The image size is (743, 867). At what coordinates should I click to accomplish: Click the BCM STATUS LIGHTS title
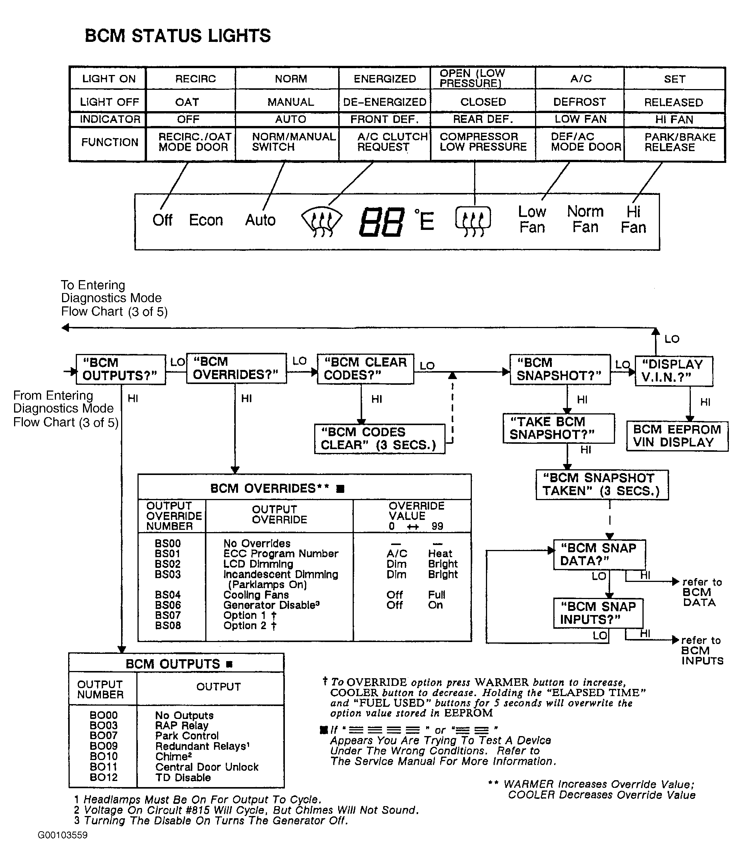tap(177, 36)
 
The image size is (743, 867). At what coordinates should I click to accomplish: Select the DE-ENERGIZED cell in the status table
tap(384, 102)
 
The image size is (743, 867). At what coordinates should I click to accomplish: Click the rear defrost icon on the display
tap(473, 221)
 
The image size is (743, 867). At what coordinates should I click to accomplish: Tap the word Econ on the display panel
tap(206, 220)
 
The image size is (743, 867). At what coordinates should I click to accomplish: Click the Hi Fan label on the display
tap(633, 220)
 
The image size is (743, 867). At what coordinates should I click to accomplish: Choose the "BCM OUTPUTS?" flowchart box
tap(121, 369)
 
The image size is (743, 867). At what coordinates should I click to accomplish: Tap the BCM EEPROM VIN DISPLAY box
tap(676, 436)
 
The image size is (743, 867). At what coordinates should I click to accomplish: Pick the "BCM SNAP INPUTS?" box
tap(598, 613)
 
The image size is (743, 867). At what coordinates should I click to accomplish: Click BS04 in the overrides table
tap(168, 595)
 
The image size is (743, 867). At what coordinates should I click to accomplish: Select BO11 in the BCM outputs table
tap(103, 767)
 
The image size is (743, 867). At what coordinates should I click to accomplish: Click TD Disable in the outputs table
tap(183, 778)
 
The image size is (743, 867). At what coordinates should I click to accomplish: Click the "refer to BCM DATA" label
tap(701, 592)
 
